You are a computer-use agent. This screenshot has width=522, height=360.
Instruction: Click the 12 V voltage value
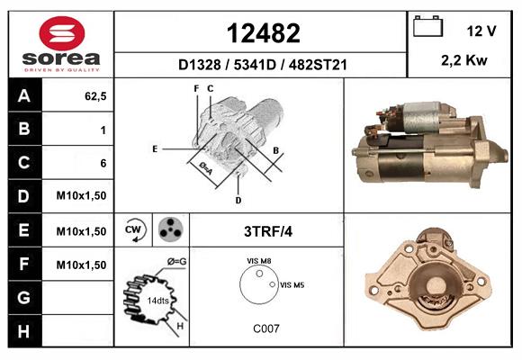click(481, 31)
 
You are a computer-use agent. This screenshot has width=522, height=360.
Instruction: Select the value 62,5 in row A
click(94, 96)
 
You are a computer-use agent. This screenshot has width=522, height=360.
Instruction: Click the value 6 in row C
click(103, 163)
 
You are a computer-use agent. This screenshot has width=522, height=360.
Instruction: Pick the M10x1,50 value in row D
click(82, 196)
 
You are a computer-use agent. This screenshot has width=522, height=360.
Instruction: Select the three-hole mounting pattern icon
click(168, 230)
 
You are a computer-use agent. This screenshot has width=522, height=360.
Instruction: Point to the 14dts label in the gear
click(157, 299)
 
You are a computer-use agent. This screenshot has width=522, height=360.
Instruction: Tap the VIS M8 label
click(260, 260)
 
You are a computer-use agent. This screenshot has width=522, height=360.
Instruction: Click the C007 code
click(265, 328)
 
